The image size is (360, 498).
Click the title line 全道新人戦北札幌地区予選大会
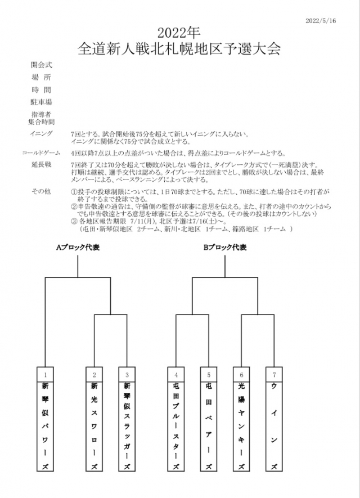(179, 48)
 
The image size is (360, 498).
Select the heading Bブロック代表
(225, 247)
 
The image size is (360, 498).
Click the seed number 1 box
(45, 374)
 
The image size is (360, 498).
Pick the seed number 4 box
(176, 374)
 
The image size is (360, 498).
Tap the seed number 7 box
(274, 374)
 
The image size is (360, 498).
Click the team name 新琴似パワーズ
(45, 426)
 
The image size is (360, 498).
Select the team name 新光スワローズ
(94, 426)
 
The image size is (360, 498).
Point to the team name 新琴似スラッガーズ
(127, 426)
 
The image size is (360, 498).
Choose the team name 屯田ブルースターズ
(176, 426)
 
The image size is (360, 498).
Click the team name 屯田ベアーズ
(209, 426)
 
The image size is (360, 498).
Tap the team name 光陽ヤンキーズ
(241, 426)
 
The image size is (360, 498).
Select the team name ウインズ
(274, 426)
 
